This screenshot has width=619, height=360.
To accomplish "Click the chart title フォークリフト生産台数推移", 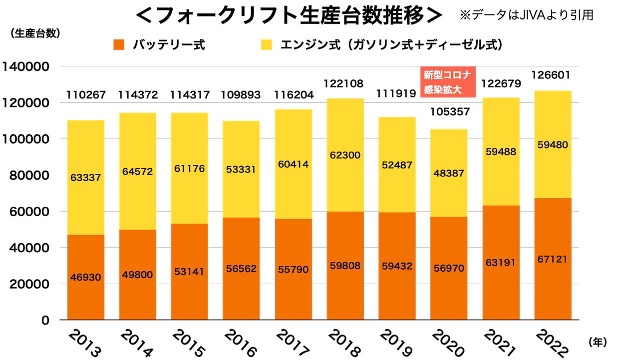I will point(289,15).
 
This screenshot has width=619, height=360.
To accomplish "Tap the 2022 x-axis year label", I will point(551,343).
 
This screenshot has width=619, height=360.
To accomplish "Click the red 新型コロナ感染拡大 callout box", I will point(447,82).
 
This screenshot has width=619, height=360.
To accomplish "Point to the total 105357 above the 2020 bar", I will point(448,111).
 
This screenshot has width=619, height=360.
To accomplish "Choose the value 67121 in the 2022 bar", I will point(553,259).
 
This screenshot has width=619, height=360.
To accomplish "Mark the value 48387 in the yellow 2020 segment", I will point(448,173).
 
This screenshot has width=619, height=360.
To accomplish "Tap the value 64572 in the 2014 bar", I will point(137,171).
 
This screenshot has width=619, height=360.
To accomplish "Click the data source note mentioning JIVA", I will point(526,15).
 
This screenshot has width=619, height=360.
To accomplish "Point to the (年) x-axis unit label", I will point(598,342).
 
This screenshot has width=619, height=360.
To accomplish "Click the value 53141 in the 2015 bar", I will point(189,272).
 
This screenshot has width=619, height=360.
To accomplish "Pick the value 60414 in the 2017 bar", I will point(293,164).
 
